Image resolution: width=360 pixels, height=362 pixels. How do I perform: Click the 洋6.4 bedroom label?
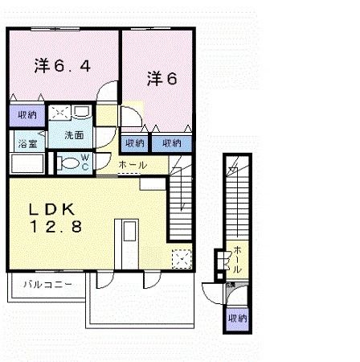pyautogui.click(x=60, y=66)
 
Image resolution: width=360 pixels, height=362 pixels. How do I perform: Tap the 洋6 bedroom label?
pyautogui.click(x=161, y=78)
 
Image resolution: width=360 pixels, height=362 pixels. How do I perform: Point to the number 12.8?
pyautogui.click(x=56, y=228)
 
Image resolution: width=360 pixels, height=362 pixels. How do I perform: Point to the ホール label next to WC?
pyautogui.click(x=132, y=165)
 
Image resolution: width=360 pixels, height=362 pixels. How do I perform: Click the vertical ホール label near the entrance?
pyautogui.click(x=237, y=258)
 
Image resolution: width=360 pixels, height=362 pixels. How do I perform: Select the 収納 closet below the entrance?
pyautogui.click(x=237, y=319)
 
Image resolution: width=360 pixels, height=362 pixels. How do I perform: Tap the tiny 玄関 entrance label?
pyautogui.click(x=230, y=285)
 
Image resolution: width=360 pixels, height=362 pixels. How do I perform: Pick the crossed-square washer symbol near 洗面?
pyautogui.click(x=59, y=113)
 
